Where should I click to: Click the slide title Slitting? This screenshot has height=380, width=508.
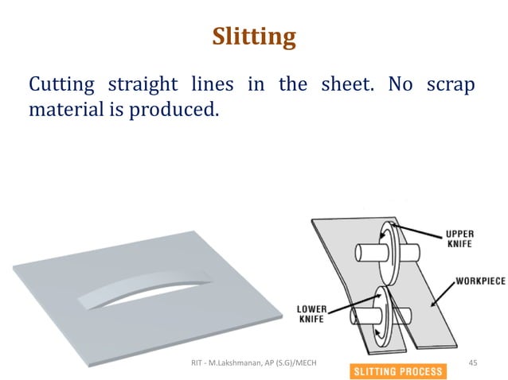point(253,37)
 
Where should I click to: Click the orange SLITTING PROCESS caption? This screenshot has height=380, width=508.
point(397,371)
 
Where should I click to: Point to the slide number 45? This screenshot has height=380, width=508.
point(472,363)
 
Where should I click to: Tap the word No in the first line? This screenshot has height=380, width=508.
point(401,84)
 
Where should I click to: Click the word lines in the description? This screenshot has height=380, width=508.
point(218,84)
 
